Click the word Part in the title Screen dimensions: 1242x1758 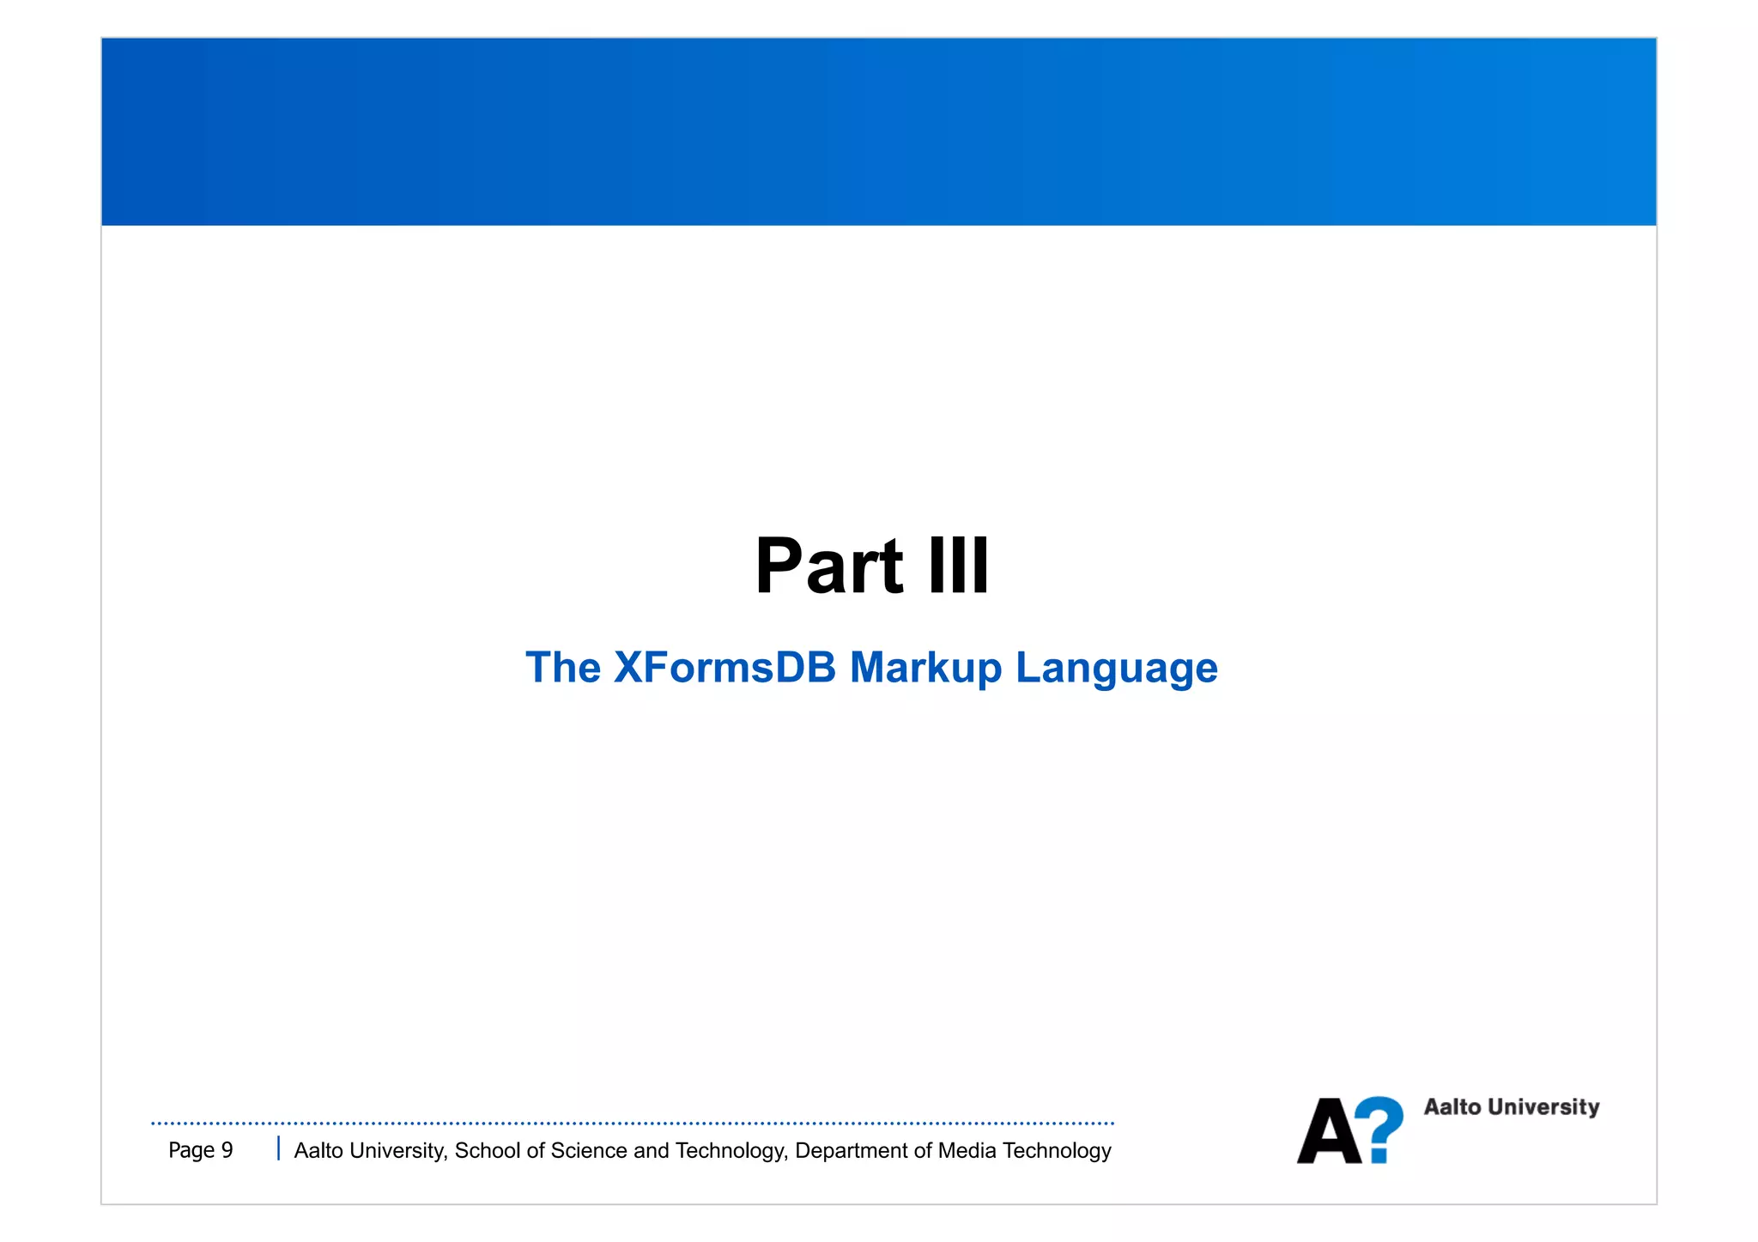pos(828,566)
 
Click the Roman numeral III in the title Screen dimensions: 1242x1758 pos(959,566)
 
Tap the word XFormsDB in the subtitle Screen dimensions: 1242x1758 pos(724,668)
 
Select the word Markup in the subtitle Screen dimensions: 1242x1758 pos(925,669)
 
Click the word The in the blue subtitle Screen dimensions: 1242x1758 pos(562,668)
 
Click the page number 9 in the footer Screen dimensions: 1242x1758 pos(227,1150)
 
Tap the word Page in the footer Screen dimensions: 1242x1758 pos(191,1150)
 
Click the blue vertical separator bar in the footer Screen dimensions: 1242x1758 pos(278,1148)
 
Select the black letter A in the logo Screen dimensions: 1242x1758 pos(1328,1131)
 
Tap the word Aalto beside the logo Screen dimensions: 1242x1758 pos(1452,1107)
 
